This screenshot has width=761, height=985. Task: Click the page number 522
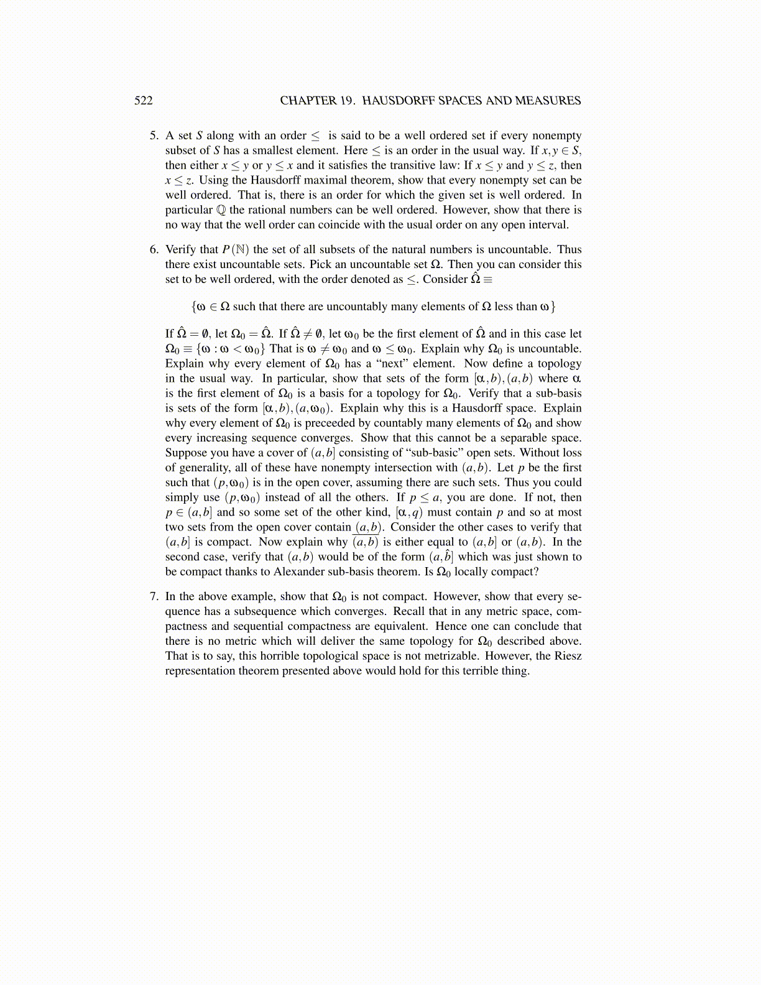point(144,101)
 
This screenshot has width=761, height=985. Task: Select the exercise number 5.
point(154,136)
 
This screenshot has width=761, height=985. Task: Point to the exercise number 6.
point(154,249)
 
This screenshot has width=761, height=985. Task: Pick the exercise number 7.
point(154,596)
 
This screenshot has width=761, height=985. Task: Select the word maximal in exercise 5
point(324,180)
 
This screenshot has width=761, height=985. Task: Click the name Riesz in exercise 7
point(568,656)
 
